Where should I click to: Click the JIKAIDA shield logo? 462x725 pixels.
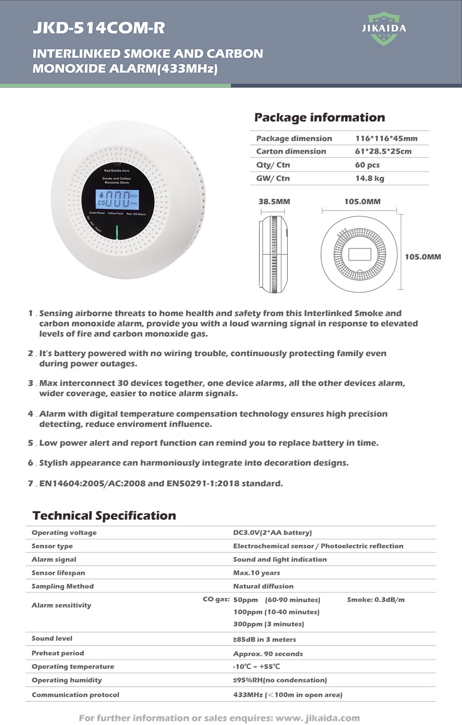click(x=383, y=29)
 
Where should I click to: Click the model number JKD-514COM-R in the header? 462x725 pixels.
click(x=98, y=28)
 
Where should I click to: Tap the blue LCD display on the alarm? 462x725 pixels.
click(x=117, y=199)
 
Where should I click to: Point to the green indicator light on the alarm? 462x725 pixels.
click(x=117, y=233)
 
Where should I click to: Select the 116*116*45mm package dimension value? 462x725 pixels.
click(x=386, y=139)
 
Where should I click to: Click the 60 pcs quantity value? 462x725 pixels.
click(x=367, y=165)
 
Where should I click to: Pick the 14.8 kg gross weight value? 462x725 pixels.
click(x=370, y=178)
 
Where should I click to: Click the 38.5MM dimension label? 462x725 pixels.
click(x=274, y=202)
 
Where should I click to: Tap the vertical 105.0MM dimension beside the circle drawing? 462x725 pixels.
click(x=423, y=257)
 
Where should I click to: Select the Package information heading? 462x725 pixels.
click(x=320, y=117)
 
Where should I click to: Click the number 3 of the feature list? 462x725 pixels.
click(x=30, y=383)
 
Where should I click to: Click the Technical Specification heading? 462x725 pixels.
click(x=104, y=516)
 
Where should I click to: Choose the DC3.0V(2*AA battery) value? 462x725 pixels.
click(x=273, y=532)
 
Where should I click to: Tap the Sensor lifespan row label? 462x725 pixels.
click(x=58, y=573)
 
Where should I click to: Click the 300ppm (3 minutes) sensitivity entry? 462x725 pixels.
click(x=268, y=624)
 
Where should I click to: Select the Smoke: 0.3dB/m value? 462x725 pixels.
click(x=376, y=599)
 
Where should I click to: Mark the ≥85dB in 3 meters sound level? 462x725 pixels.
click(x=265, y=640)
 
